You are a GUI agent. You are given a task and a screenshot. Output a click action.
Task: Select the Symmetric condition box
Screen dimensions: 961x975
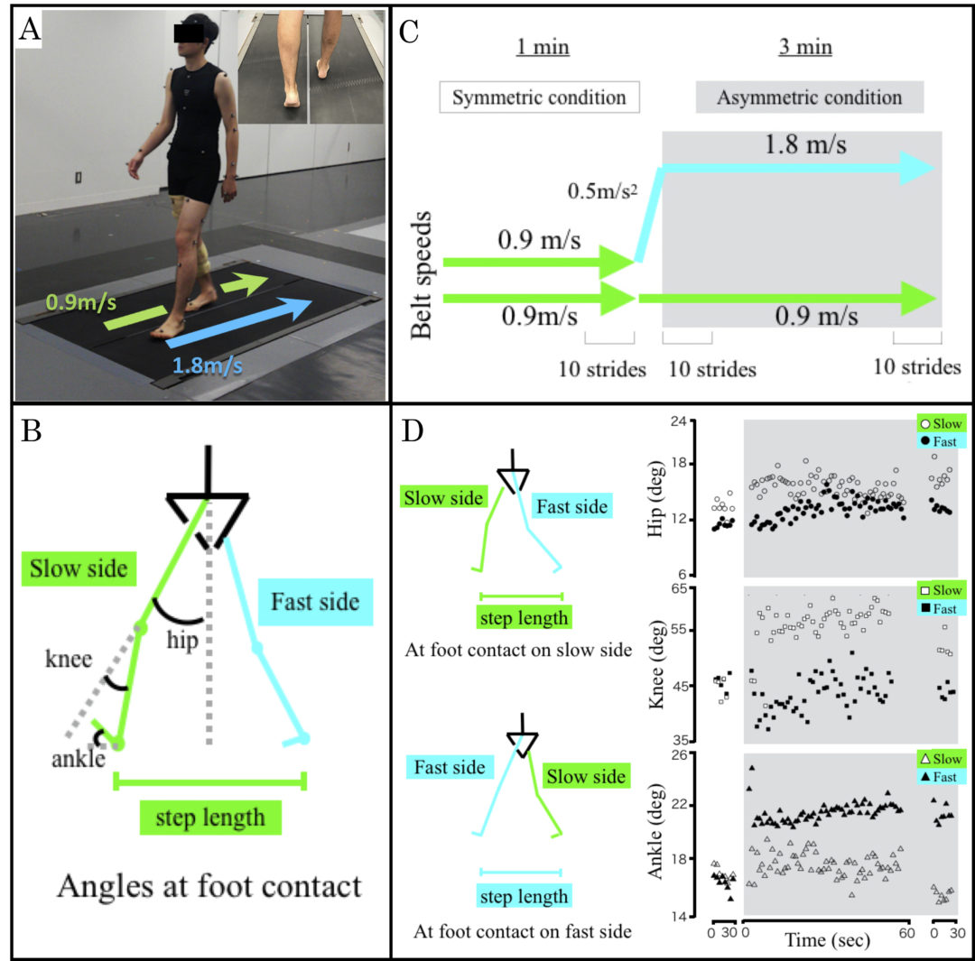coord(538,97)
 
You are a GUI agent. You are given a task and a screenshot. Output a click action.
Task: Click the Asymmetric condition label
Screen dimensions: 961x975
coord(809,97)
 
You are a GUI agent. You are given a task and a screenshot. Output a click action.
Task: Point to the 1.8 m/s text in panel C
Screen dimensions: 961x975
coord(804,144)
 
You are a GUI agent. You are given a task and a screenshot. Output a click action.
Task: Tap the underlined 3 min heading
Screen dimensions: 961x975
coord(805,46)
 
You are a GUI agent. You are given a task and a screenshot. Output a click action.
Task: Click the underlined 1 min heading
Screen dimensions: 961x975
coord(543,46)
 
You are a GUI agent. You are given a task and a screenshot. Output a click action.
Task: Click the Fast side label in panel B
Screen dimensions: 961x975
coord(315,600)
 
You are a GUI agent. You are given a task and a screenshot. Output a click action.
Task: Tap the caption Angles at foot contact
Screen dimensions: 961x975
coord(209,886)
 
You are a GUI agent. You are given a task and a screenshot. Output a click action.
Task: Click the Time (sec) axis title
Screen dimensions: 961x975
coord(826,939)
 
